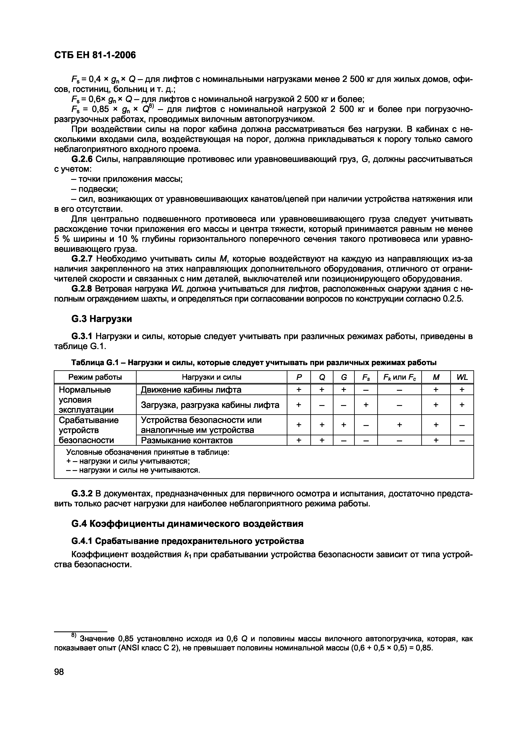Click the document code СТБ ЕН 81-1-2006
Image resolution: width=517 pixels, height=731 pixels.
(95, 55)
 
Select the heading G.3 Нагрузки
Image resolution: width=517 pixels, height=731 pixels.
(101, 319)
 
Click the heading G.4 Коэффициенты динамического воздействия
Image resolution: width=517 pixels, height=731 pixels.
(187, 524)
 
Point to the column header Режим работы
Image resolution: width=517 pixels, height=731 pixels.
(95, 377)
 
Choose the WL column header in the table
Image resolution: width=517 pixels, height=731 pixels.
(462, 377)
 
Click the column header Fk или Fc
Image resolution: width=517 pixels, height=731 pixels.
(399, 377)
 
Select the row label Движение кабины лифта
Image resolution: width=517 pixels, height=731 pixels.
(191, 390)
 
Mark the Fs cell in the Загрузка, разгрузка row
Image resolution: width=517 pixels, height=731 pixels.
(366, 405)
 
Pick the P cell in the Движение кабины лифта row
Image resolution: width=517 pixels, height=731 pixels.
(299, 390)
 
